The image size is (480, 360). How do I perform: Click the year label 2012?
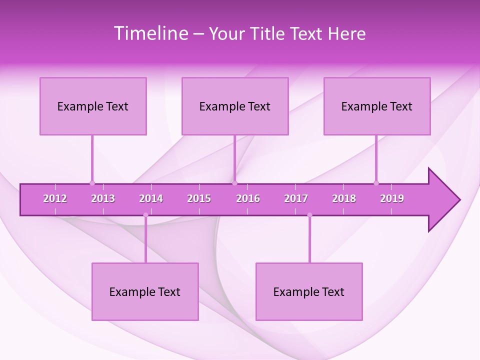[55, 198]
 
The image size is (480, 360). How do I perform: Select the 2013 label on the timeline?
[103, 198]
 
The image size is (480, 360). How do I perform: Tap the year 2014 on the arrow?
[151, 198]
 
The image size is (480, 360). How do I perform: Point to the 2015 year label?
[199, 198]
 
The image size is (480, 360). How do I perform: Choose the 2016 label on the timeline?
[248, 198]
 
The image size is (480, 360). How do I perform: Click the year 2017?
[296, 198]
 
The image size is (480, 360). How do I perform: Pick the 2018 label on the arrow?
[344, 198]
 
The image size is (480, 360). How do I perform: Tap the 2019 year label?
[392, 198]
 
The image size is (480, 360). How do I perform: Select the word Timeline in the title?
[150, 33]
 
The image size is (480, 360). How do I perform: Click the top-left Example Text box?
[93, 106]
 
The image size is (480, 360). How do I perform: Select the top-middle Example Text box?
[235, 106]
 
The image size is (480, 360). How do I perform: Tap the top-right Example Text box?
[377, 106]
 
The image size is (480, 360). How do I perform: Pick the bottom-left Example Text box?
[145, 291]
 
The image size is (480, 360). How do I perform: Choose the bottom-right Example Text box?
[309, 291]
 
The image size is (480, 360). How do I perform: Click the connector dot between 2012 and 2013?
[92, 183]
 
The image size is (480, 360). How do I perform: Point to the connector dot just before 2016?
[234, 183]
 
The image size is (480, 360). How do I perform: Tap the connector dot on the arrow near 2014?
[145, 215]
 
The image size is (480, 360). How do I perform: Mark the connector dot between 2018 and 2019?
[376, 183]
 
